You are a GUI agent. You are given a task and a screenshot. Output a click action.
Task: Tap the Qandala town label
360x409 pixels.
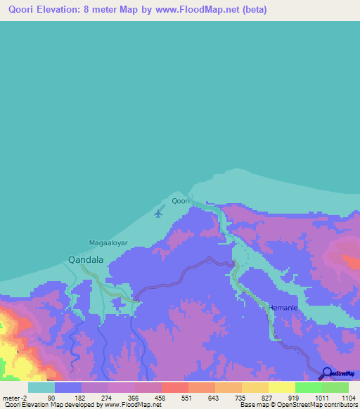[x=86, y=259]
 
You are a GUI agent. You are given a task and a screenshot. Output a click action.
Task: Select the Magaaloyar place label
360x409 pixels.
[x=107, y=243]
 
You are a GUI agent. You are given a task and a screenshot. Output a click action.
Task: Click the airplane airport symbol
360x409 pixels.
[x=158, y=213]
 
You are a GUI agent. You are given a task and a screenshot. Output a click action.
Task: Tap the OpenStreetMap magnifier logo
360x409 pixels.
[x=326, y=373]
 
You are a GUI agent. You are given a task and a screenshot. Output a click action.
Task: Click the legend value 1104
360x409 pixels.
[x=349, y=398]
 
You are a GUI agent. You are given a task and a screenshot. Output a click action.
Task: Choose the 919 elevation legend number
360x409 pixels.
[x=295, y=398]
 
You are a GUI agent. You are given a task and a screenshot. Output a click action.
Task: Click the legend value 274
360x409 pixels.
[x=108, y=398]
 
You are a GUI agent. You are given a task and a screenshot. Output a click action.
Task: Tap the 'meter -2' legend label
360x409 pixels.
[x=14, y=398]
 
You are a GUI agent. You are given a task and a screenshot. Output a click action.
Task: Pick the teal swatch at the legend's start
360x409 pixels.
[x=41, y=387]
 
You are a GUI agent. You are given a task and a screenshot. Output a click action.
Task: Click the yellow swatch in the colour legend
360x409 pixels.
[x=281, y=387]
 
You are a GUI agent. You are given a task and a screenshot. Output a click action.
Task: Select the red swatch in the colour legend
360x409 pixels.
[x=174, y=387]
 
